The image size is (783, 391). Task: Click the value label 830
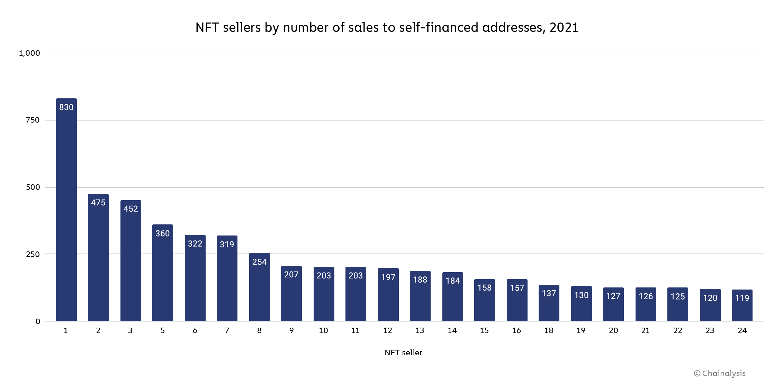tap(66, 107)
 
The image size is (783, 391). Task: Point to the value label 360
tap(162, 233)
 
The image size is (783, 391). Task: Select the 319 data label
tap(227, 245)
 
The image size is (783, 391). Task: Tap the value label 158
tap(484, 288)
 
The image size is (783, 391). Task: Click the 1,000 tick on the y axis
tap(29, 53)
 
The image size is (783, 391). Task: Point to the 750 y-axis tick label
tap(33, 120)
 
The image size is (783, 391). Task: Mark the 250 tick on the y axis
tap(33, 254)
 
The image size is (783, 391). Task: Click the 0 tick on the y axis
tap(38, 321)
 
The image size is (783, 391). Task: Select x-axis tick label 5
tap(162, 331)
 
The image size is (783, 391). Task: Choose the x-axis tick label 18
tap(549, 331)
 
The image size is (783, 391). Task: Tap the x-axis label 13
tap(420, 331)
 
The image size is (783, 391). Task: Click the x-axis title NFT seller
tap(403, 353)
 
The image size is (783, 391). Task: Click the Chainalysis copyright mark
tap(719, 373)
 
